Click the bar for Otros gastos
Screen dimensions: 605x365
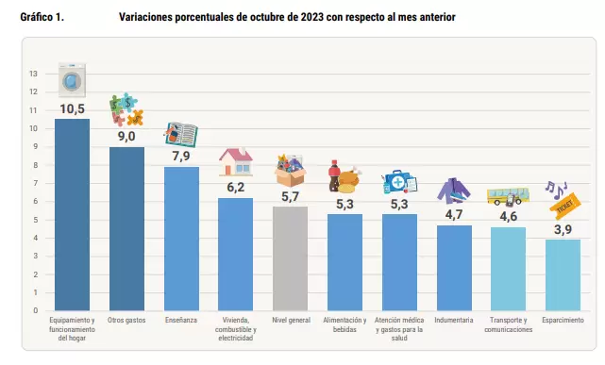126,228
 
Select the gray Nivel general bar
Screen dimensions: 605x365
290,258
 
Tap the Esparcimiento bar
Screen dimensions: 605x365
563,275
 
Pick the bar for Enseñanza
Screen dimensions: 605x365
182,239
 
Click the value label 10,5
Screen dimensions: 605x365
72,109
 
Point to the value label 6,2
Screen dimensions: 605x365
236,188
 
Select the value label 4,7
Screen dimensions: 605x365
454,215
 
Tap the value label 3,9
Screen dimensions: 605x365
563,230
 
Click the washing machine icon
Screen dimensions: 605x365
72,80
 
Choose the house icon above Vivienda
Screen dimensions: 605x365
236,162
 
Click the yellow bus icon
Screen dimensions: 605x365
508,196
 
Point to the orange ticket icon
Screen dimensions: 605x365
565,206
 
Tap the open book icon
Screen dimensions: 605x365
181,135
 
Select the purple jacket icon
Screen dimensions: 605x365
454,191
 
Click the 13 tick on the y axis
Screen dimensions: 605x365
34,74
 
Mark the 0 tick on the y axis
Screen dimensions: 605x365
36,310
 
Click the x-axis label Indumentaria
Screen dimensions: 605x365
454,321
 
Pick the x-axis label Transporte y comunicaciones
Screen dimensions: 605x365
509,324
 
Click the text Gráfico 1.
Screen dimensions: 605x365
42,17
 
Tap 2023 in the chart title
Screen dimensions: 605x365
312,17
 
